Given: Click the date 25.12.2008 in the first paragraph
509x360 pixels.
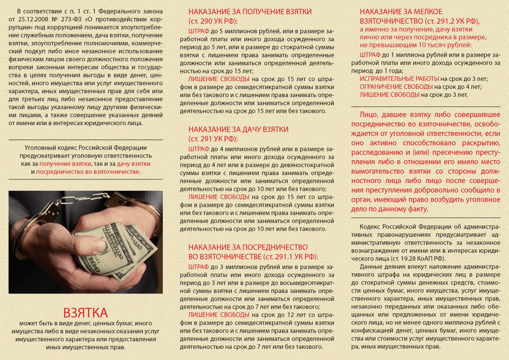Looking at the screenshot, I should pos(33,19).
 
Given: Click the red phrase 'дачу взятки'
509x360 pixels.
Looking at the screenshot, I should pos(133,164).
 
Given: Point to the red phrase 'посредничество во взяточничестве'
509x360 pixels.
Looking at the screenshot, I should pos(87,172).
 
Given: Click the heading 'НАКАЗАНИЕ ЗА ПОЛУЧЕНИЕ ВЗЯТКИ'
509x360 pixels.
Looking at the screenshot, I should pos(250,12).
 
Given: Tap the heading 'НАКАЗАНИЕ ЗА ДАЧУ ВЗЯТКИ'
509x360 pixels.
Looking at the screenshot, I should pos(238,130).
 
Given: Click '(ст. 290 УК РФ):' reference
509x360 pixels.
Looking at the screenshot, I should pos(213,21).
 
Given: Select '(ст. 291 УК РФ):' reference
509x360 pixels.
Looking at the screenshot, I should pos(213,139).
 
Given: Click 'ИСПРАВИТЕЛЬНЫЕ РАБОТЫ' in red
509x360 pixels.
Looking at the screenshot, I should pos(399,79).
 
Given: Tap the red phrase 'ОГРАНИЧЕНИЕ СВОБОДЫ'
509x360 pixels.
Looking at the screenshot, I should pos(396,87).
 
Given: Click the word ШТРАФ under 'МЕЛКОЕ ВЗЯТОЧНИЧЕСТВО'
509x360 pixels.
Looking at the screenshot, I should pos(370,55).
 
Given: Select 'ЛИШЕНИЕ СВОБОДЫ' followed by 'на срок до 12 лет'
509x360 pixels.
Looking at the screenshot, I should pos(219,315).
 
